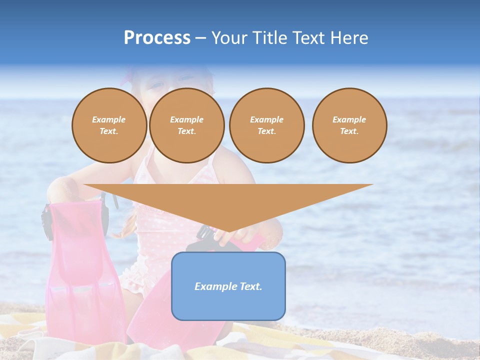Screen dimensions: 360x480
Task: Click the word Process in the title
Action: click(x=157, y=38)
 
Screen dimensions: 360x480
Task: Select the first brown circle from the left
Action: click(x=109, y=125)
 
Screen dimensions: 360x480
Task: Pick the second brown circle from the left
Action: click(x=186, y=125)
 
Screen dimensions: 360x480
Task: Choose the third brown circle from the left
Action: click(x=266, y=125)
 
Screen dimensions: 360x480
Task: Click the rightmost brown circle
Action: click(x=349, y=125)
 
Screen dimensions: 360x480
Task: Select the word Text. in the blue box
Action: click(x=250, y=286)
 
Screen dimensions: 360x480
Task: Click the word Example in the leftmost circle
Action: click(x=109, y=119)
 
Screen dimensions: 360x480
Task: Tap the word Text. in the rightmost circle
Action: click(x=349, y=131)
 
